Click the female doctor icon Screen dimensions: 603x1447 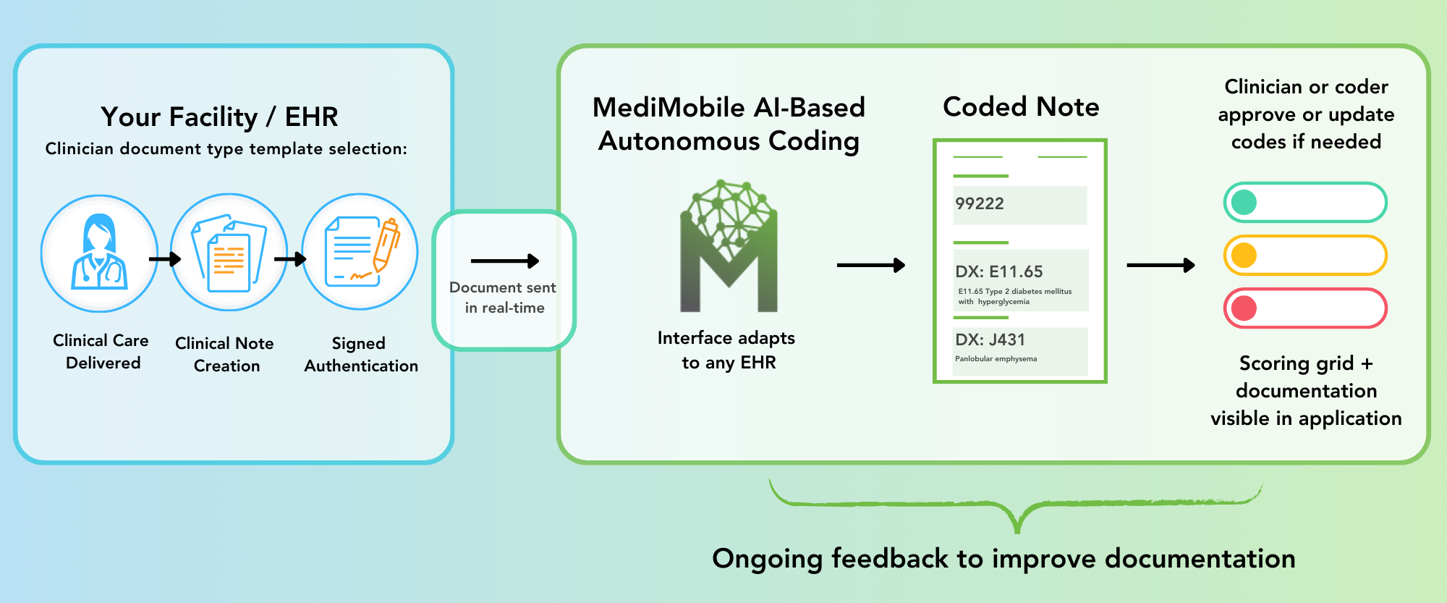click(x=99, y=253)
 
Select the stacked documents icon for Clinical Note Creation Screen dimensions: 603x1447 click(x=229, y=253)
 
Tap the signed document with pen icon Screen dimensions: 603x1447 click(x=360, y=252)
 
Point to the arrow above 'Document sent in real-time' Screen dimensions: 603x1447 click(x=504, y=261)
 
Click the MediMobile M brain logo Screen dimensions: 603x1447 click(x=729, y=246)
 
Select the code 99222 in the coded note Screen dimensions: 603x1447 click(x=980, y=204)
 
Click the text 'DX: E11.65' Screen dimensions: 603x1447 click(x=999, y=272)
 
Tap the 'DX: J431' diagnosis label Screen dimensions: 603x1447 click(x=990, y=340)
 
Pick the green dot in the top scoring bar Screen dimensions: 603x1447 click(x=1244, y=203)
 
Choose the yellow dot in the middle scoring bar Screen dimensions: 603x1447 click(x=1244, y=256)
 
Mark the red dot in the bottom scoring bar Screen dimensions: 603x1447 click(x=1244, y=308)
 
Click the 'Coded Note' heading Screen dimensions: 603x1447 click(x=1021, y=107)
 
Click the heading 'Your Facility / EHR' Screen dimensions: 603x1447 click(x=219, y=117)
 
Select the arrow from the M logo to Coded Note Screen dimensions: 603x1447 click(x=870, y=266)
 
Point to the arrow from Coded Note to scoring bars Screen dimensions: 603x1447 click(x=1160, y=266)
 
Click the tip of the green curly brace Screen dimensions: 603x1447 click(x=1017, y=530)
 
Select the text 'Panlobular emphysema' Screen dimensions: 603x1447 click(x=996, y=359)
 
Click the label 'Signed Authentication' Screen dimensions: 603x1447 click(x=360, y=355)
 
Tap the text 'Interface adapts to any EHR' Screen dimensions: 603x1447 click(x=726, y=350)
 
